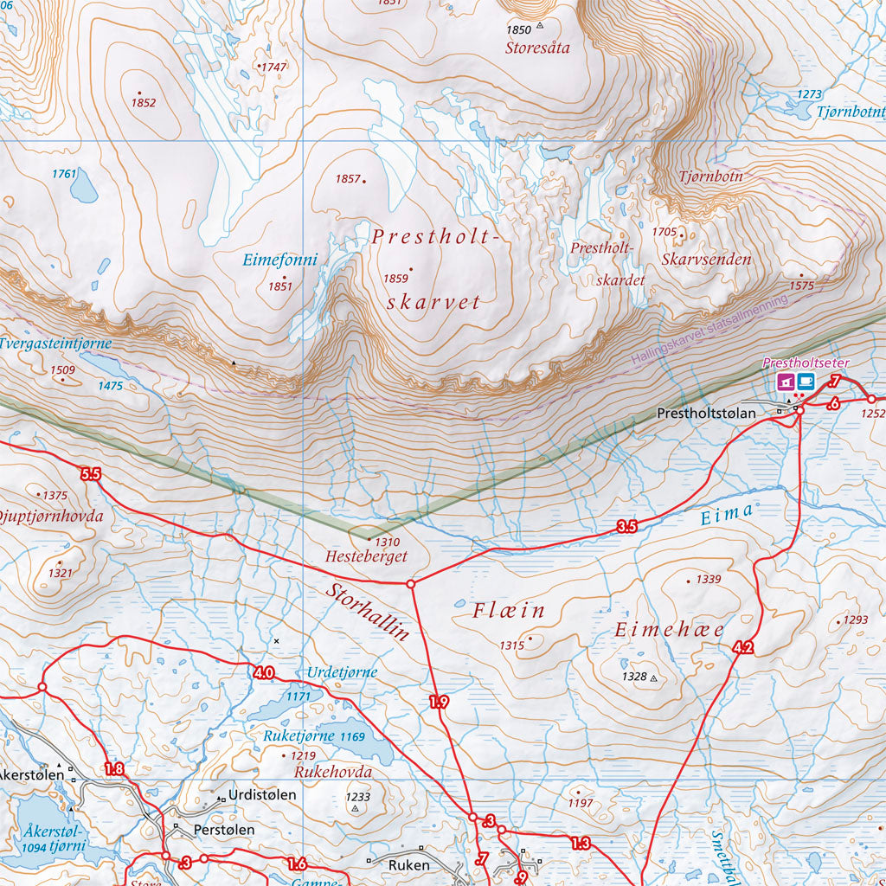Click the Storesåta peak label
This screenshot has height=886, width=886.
pyautogui.click(x=537, y=48)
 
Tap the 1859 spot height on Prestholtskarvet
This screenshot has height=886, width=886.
pyautogui.click(x=395, y=279)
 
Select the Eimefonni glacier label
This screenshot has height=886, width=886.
pyautogui.click(x=279, y=260)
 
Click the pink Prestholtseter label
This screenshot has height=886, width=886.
pyautogui.click(x=806, y=363)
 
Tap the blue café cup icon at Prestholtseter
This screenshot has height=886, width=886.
pyautogui.click(x=806, y=382)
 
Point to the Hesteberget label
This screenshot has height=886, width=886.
pyautogui.click(x=366, y=556)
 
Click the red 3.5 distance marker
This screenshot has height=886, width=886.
pyautogui.click(x=627, y=526)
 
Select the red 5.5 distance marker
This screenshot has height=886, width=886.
pyautogui.click(x=90, y=474)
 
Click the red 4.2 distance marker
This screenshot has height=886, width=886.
pyautogui.click(x=742, y=647)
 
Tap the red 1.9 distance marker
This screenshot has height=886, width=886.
pyautogui.click(x=439, y=702)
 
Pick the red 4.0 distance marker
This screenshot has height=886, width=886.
pyautogui.click(x=264, y=672)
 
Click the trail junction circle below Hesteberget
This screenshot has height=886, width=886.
pyautogui.click(x=411, y=584)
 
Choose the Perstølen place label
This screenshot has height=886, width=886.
pyautogui.click(x=224, y=829)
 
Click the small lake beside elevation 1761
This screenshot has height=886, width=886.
pyautogui.click(x=83, y=185)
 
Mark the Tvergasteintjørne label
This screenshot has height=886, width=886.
pyautogui.click(x=55, y=343)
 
